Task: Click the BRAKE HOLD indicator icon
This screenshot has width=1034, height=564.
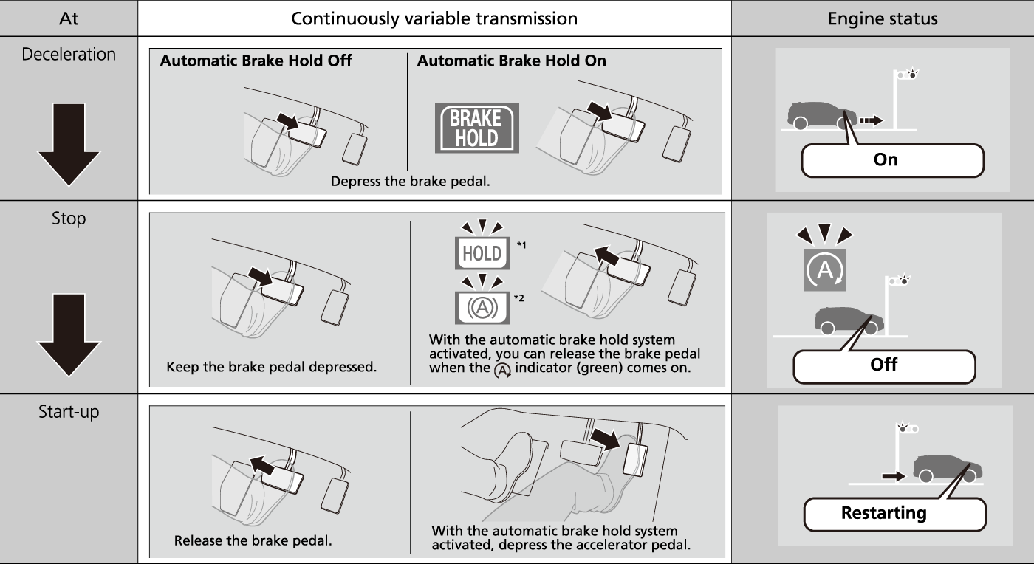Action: click(476, 128)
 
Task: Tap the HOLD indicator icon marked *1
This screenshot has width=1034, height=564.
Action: click(482, 253)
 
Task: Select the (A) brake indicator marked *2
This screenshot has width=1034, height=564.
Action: click(482, 307)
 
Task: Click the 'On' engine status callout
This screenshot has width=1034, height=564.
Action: click(892, 160)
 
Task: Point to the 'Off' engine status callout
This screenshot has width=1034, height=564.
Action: click(884, 365)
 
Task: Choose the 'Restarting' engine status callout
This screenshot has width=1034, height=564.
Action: click(894, 513)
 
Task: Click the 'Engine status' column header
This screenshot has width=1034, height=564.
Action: click(882, 18)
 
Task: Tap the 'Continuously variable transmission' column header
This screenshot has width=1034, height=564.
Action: click(434, 18)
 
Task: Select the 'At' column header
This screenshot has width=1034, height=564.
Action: click(69, 18)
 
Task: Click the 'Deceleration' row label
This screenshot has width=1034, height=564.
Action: click(69, 55)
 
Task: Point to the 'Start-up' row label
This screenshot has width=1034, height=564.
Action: click(69, 412)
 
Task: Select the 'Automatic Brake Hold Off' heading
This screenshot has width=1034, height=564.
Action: click(256, 61)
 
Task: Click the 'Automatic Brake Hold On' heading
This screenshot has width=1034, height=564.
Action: click(511, 61)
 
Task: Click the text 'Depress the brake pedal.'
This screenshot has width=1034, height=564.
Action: click(410, 181)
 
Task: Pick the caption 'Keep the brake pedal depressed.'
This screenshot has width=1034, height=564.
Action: click(271, 367)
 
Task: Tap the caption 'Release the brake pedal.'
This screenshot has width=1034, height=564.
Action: click(253, 540)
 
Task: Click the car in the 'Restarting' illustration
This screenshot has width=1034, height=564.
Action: click(947, 468)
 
